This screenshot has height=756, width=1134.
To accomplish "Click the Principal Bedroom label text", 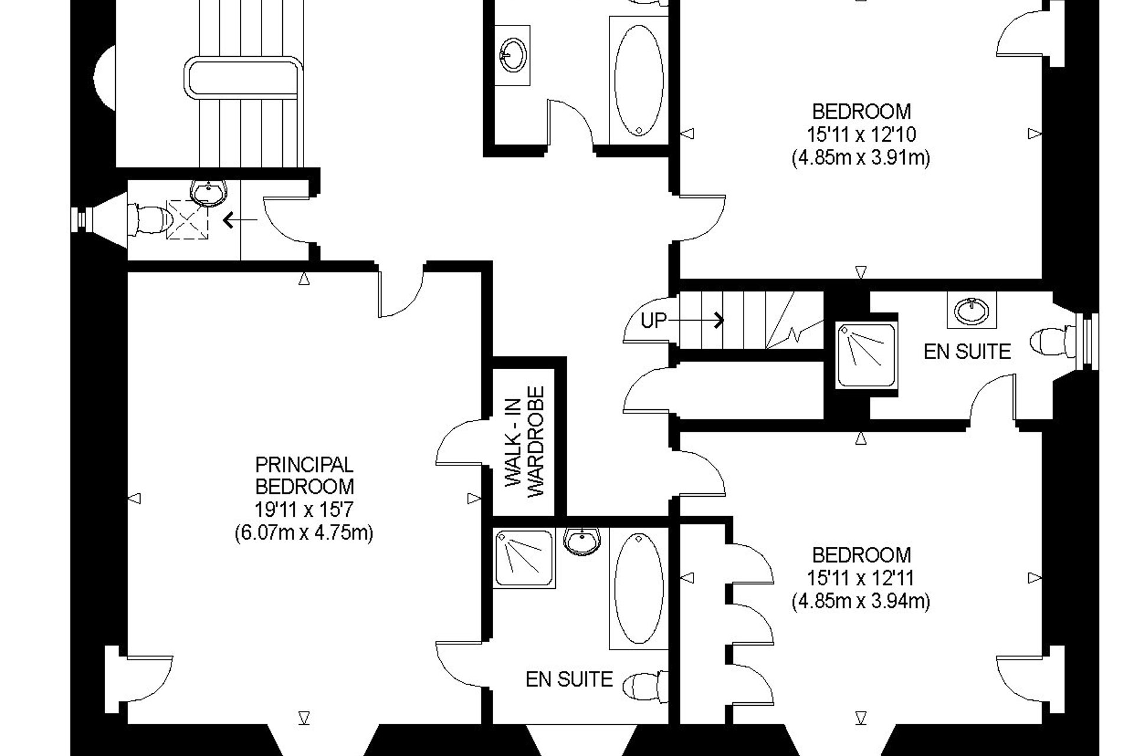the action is (x=304, y=475).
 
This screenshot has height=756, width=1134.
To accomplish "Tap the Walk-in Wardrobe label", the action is (x=524, y=441).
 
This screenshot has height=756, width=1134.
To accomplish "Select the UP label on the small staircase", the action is (x=654, y=321).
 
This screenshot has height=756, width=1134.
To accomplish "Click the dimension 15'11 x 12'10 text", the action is (x=861, y=135).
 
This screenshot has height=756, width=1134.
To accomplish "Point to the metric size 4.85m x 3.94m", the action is (x=861, y=601).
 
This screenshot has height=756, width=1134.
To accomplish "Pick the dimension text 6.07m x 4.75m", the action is (x=304, y=533).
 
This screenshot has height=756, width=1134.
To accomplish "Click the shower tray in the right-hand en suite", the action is (x=866, y=356).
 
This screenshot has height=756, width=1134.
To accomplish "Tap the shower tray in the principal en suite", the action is (x=524, y=559).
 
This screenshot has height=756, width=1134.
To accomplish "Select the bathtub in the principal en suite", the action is (x=638, y=589).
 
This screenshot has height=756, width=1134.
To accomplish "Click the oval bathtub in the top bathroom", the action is (x=638, y=80).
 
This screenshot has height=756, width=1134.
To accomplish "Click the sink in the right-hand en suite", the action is (x=972, y=309).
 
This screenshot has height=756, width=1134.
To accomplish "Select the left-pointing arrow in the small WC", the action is (x=240, y=221).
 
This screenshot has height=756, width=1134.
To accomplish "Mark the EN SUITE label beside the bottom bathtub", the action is (x=569, y=679).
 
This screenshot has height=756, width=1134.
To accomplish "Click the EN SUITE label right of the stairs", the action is (x=967, y=352).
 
